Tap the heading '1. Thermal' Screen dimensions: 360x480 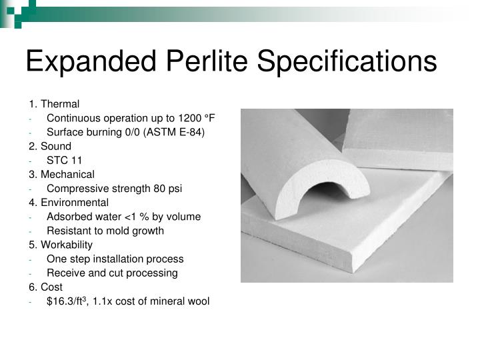coord(54,104)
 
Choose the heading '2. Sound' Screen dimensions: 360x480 coord(50,146)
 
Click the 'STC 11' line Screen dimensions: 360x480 coord(65,160)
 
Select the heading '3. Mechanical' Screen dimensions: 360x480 coord(61,174)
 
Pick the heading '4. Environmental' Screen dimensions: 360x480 coord(68,203)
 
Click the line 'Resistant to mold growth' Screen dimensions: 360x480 coord(105,231)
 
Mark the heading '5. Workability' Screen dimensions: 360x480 coord(61,245)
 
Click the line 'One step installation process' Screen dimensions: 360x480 coord(115,259)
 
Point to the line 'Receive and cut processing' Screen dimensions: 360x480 coord(112,273)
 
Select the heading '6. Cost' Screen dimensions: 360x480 coord(45,287)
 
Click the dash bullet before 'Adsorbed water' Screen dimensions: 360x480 coord(31,217)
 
